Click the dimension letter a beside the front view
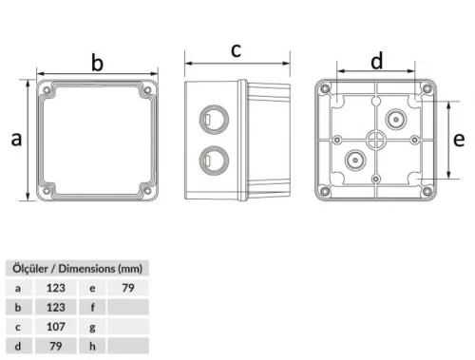tap(15, 140)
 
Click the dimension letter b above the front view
tap(96, 63)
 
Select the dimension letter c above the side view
tap(237, 49)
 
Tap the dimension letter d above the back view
tap(376, 62)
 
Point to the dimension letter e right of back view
tap(458, 140)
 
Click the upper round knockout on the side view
tap(206, 121)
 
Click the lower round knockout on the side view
tap(206, 159)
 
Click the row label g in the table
tap(93, 325)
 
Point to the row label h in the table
tap(93, 345)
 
